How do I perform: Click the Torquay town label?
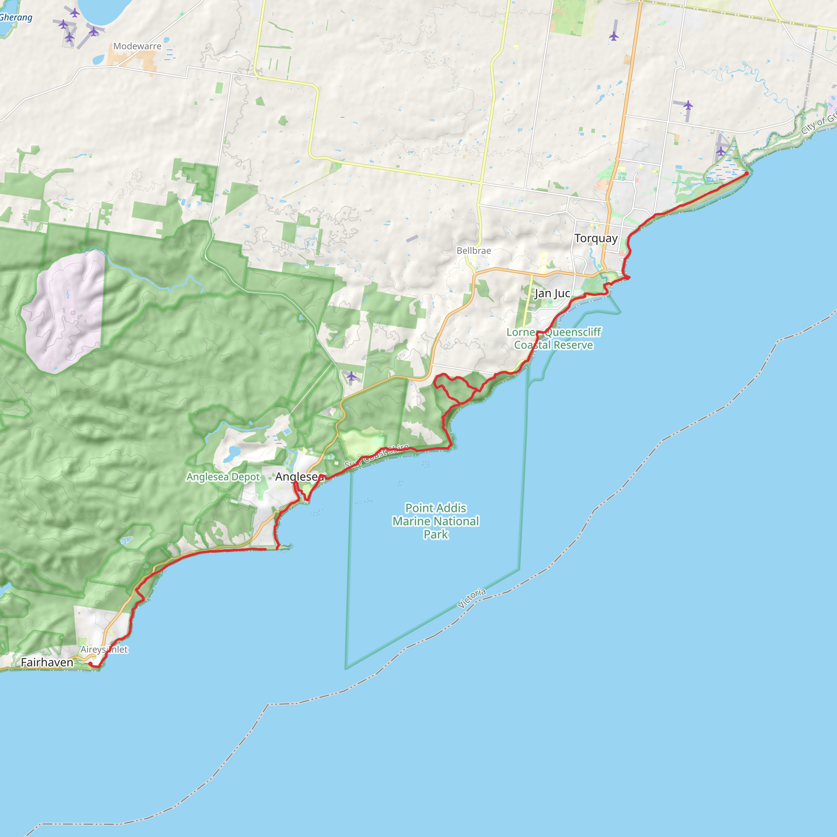point(596,238)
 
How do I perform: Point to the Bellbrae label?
point(474,251)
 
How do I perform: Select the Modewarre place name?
point(137,46)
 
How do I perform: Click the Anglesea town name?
point(299,477)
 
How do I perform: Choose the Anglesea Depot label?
point(223,477)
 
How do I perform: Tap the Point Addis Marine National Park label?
point(436,521)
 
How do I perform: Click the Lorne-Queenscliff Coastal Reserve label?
point(554,338)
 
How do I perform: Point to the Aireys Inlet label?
point(104,649)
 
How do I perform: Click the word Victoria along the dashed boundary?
point(471,598)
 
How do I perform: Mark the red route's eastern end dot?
point(746,173)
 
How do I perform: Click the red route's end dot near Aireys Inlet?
point(90,664)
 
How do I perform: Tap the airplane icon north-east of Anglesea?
point(351,376)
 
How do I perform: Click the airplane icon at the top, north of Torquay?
point(613,36)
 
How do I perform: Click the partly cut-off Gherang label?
point(16,18)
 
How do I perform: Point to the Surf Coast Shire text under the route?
point(377,455)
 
